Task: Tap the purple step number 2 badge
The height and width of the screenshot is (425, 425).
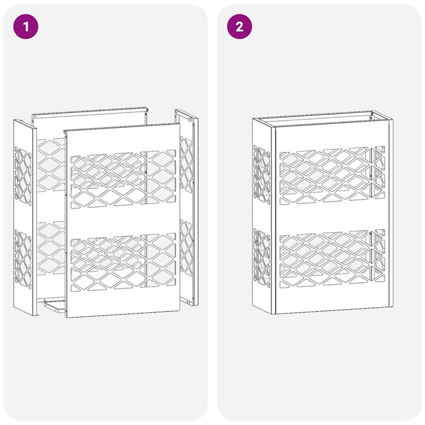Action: coord(239,27)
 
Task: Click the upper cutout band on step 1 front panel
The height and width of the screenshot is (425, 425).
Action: coord(123,180)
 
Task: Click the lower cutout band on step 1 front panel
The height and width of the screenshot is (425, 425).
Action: coord(123,262)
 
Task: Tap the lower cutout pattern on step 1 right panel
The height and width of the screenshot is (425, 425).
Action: coord(186,249)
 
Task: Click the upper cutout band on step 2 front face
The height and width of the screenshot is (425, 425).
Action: coord(331,174)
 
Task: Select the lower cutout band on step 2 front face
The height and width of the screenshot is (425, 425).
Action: coord(331,257)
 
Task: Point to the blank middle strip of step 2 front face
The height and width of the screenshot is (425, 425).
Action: coord(331,216)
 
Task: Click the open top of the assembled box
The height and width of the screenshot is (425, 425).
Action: coord(322,117)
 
